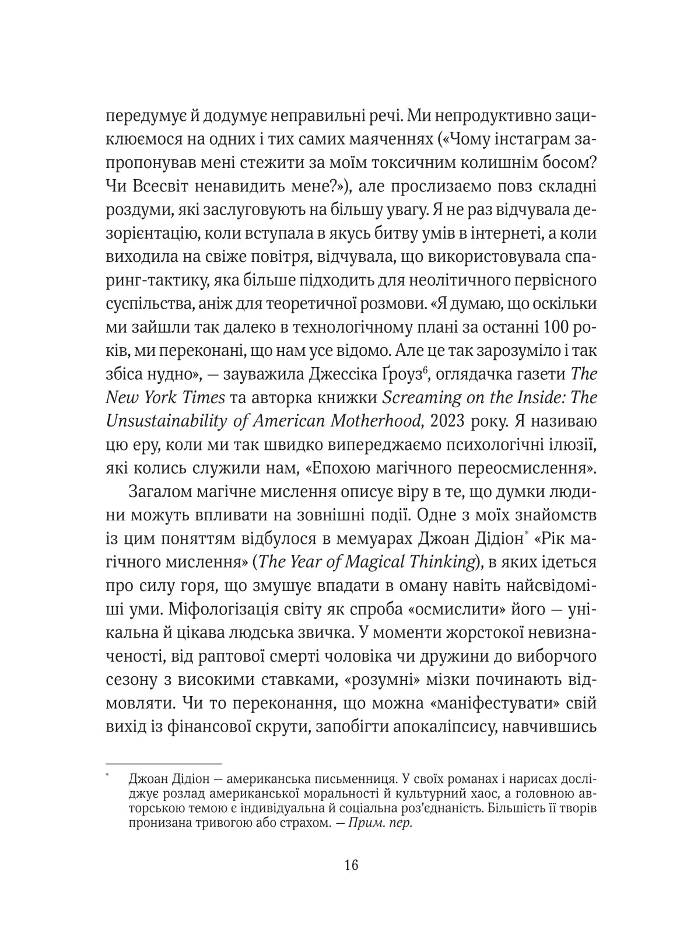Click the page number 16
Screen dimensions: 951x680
[351, 865]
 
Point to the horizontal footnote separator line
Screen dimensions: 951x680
[164, 764]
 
